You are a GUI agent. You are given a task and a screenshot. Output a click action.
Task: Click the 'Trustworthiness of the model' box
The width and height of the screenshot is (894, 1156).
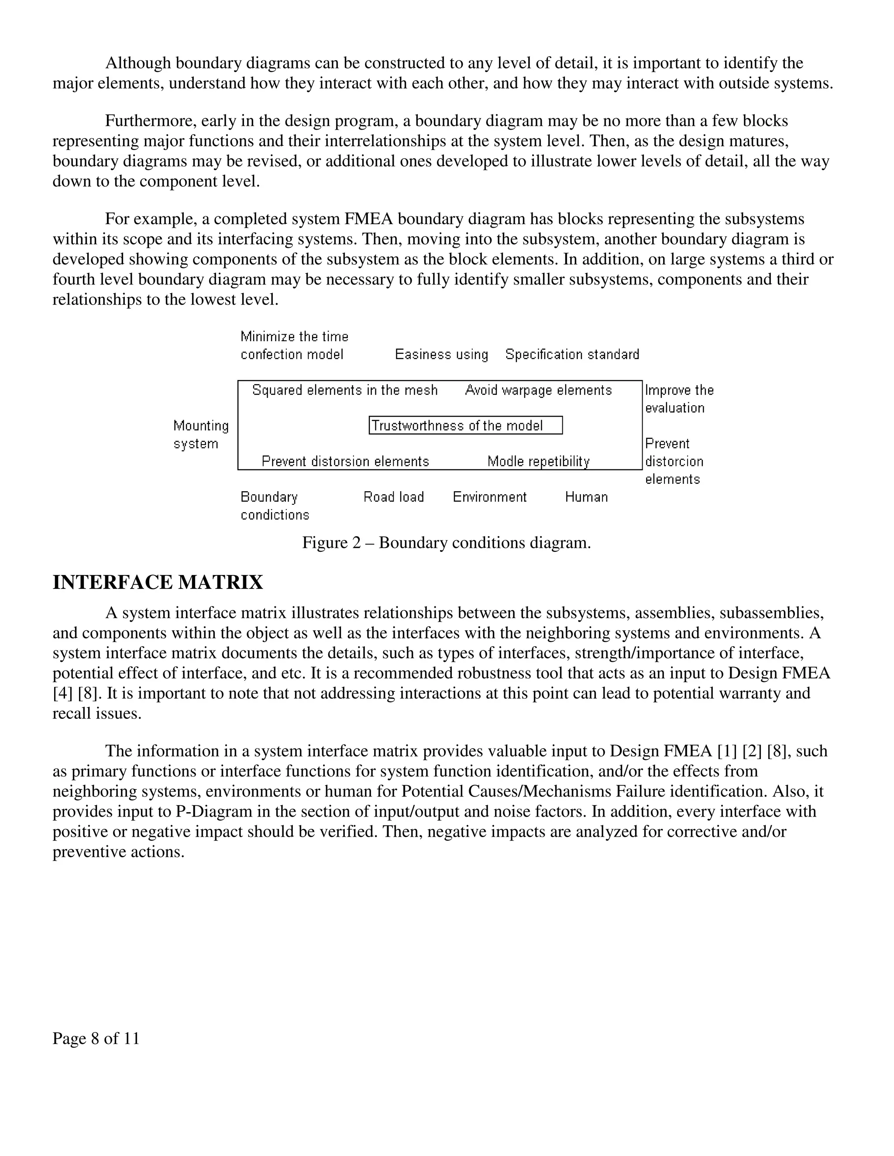pyautogui.click(x=465, y=426)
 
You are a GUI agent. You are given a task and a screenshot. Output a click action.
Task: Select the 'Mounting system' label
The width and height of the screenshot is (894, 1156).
pyautogui.click(x=201, y=434)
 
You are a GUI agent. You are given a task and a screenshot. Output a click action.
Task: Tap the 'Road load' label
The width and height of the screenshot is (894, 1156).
pyautogui.click(x=393, y=497)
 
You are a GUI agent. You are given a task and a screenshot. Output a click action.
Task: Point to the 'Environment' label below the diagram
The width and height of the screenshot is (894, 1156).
pyautogui.click(x=489, y=497)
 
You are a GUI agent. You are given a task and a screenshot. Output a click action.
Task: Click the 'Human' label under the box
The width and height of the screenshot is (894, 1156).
pyautogui.click(x=586, y=497)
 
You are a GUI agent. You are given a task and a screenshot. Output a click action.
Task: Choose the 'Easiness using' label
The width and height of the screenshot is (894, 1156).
pyautogui.click(x=441, y=354)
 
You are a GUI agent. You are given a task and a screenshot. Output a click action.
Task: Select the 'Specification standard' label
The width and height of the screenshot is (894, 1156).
pyautogui.click(x=572, y=354)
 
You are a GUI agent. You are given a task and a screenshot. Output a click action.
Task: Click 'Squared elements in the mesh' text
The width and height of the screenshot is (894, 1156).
pyautogui.click(x=345, y=390)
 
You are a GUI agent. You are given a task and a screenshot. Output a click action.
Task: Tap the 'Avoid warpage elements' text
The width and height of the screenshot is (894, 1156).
pyautogui.click(x=538, y=390)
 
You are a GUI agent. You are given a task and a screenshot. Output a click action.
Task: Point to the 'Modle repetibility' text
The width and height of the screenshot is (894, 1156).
pyautogui.click(x=538, y=462)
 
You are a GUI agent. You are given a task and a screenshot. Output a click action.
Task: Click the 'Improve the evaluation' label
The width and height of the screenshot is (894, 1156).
pyautogui.click(x=679, y=399)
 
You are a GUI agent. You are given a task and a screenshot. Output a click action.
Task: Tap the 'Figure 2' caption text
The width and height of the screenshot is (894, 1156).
pyautogui.click(x=446, y=543)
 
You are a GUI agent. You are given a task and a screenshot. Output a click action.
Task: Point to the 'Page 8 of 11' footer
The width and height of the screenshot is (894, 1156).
pyautogui.click(x=96, y=1039)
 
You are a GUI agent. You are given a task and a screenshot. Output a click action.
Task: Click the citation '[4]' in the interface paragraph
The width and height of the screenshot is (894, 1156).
pyautogui.click(x=62, y=694)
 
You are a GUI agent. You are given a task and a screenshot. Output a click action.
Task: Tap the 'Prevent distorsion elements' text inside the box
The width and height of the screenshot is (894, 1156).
pyautogui.click(x=345, y=462)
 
